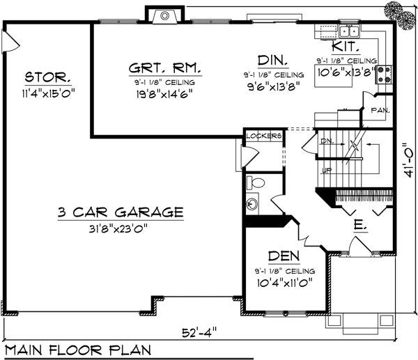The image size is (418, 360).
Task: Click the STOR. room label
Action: (47, 76)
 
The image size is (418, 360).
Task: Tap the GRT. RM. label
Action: (165, 69)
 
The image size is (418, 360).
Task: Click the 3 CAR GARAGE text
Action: (121, 212)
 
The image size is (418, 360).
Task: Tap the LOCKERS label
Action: (263, 136)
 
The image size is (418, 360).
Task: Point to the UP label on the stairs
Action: (325, 170)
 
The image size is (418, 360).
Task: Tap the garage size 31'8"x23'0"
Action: (121, 227)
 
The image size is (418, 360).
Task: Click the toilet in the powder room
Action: (256, 183)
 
